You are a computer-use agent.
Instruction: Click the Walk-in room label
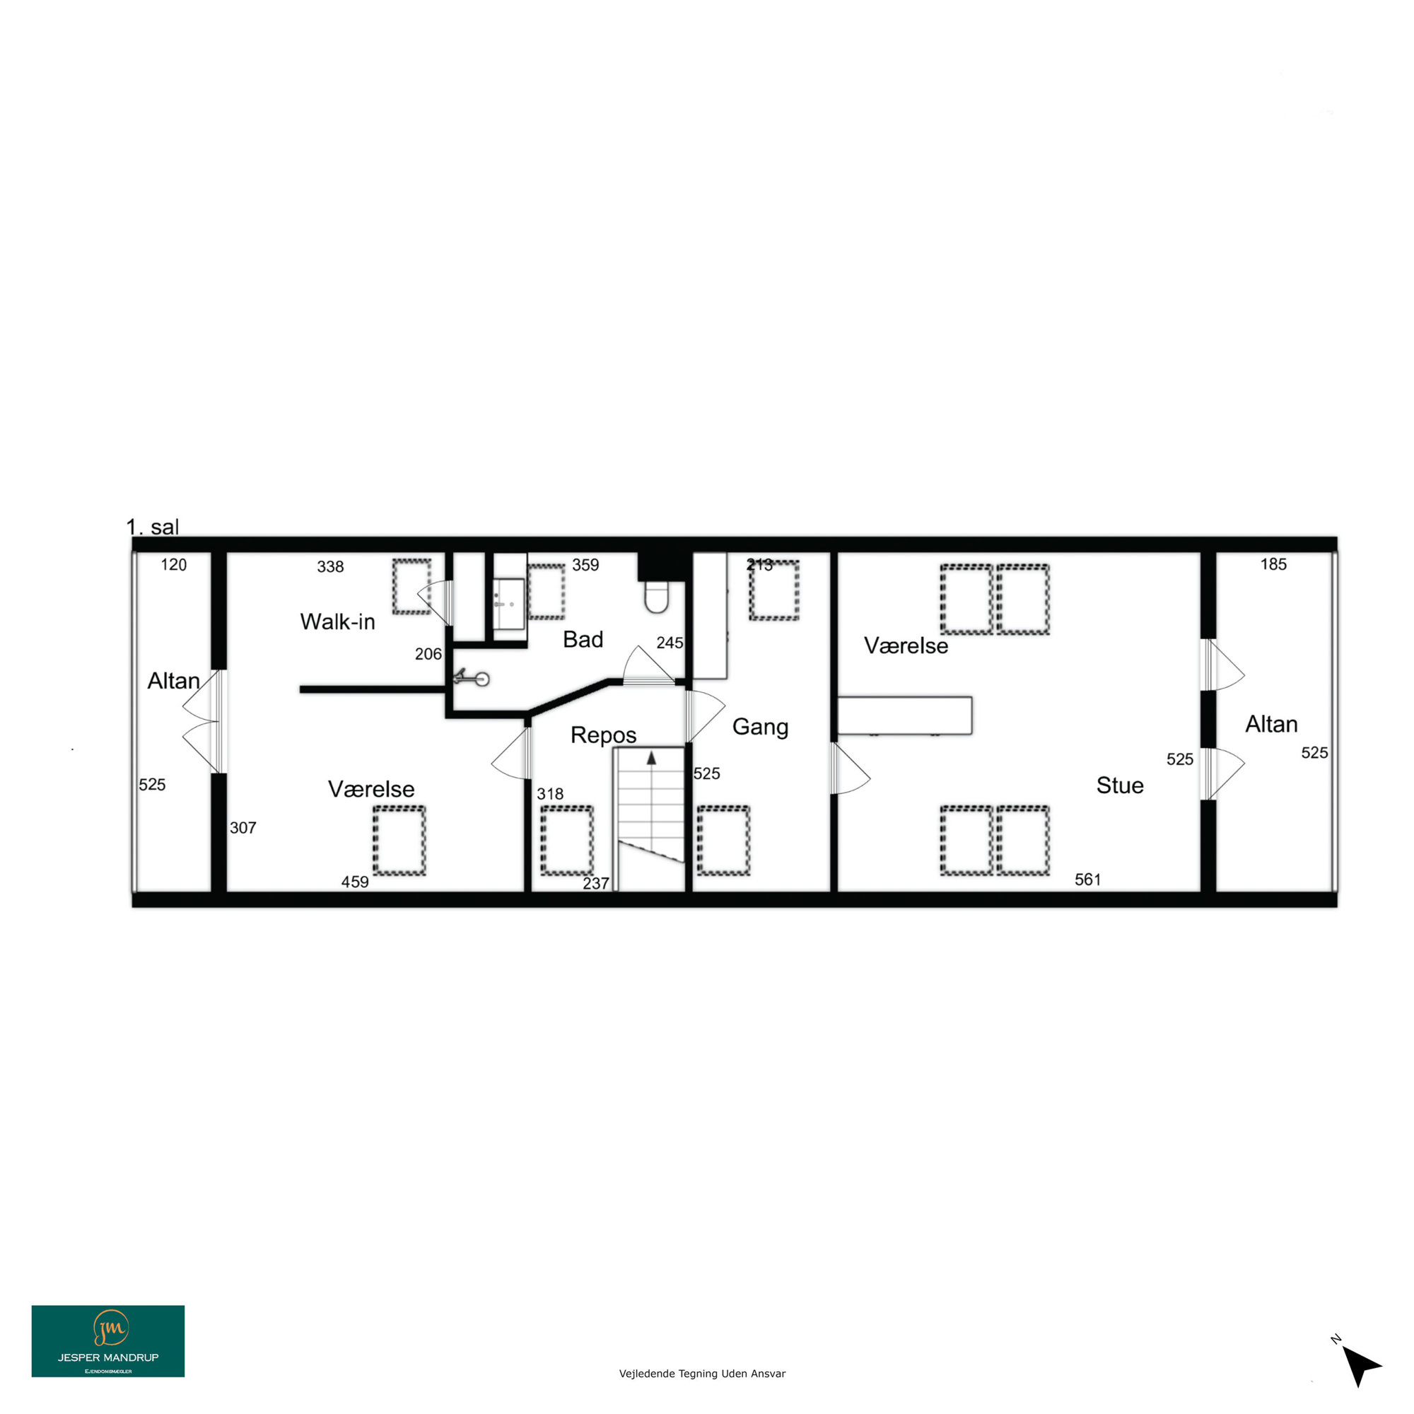tap(337, 621)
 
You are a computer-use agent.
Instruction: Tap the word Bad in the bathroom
tap(583, 639)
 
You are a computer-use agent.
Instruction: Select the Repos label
tap(603, 735)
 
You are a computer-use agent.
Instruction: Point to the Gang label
tap(761, 727)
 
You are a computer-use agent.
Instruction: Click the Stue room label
tap(1120, 785)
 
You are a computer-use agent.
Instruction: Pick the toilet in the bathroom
tap(657, 597)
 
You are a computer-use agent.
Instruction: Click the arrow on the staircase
tap(651, 757)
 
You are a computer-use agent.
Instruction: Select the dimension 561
tap(1087, 879)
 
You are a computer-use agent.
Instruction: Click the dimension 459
tap(355, 882)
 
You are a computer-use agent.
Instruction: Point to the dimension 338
tap(330, 566)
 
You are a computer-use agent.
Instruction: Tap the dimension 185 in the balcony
tap(1273, 564)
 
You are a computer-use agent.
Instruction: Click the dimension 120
tap(173, 565)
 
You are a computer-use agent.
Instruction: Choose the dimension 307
tap(243, 828)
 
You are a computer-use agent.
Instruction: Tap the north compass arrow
tap(1360, 1365)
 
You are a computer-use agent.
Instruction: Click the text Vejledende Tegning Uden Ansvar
tap(702, 1374)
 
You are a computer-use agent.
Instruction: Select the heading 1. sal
tap(152, 527)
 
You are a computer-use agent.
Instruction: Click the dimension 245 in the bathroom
tap(670, 643)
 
